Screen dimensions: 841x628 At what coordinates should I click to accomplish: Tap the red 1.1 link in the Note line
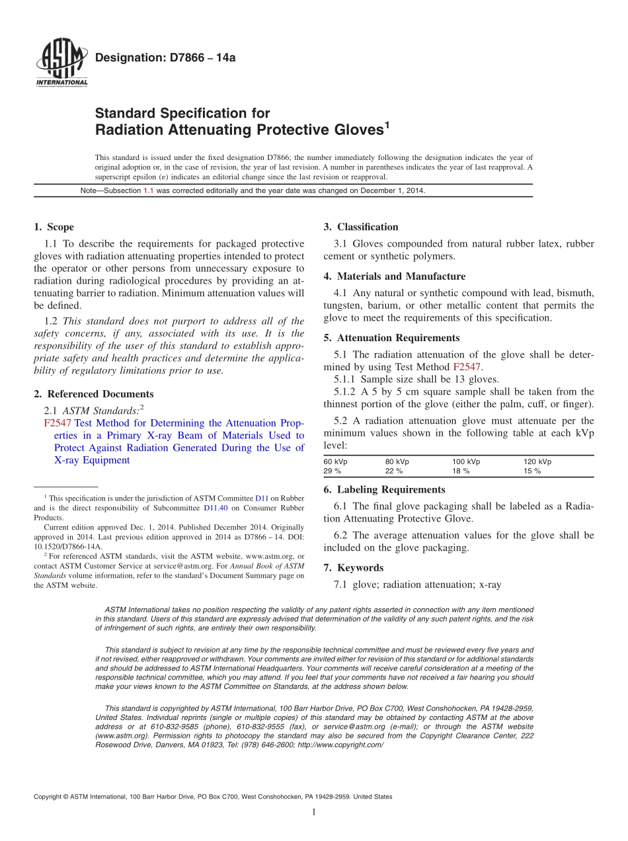click(149, 190)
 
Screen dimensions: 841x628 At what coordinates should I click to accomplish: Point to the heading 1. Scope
click(54, 227)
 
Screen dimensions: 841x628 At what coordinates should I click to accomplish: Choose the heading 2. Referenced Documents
click(93, 393)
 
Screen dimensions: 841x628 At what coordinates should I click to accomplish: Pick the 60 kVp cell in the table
click(335, 461)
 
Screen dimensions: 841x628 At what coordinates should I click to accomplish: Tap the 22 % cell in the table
click(394, 471)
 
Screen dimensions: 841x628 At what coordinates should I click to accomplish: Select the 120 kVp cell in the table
click(537, 461)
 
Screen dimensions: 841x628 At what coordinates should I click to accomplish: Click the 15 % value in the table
click(532, 471)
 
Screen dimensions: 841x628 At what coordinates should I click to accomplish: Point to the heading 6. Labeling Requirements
click(384, 490)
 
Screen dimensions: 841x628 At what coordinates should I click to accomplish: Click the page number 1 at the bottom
click(314, 813)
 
